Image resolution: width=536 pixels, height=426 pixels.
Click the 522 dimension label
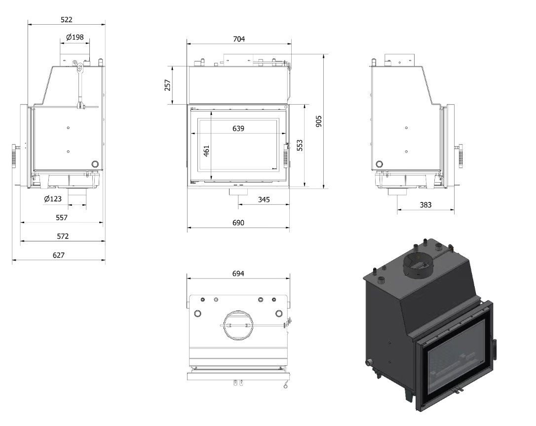[66, 20]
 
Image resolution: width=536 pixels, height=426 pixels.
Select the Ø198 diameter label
[75, 37]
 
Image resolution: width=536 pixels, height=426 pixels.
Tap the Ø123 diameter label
[53, 198]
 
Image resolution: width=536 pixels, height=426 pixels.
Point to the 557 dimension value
[62, 218]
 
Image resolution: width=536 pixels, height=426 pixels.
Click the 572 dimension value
[63, 236]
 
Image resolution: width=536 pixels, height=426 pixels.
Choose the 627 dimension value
[58, 255]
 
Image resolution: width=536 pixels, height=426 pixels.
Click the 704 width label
[239, 39]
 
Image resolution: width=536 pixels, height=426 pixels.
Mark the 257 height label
[167, 85]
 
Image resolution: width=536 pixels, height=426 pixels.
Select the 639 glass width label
[238, 128]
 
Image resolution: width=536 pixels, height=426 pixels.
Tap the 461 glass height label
[206, 151]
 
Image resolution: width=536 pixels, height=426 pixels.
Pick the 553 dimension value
[300, 145]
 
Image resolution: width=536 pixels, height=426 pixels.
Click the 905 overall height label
[319, 121]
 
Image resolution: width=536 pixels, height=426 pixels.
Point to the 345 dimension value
[264, 199]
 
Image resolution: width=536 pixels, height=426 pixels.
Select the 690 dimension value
[238, 223]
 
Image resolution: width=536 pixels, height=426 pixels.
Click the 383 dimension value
[425, 205]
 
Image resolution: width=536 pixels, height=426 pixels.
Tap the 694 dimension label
[238, 273]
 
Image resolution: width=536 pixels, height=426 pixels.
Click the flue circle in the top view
[238, 311]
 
